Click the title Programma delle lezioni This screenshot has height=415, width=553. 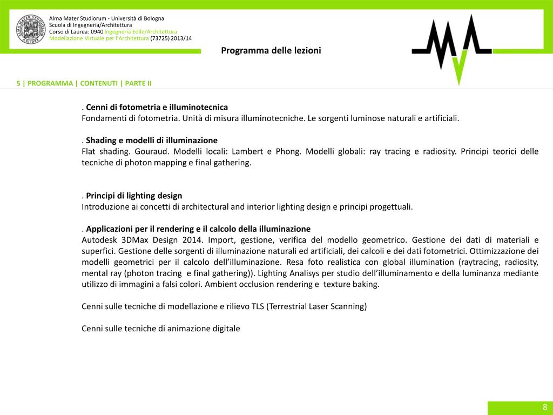271,50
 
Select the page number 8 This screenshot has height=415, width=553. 545,407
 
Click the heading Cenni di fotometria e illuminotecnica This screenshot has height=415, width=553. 157,107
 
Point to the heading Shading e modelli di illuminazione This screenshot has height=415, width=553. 152,140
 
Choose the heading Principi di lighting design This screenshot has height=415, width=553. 134,196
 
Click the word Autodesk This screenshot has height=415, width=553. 99,239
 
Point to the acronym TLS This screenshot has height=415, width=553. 258,306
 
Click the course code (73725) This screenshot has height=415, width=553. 159,38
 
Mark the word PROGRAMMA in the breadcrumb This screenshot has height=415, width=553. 50,83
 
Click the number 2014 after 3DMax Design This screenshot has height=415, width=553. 192,239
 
